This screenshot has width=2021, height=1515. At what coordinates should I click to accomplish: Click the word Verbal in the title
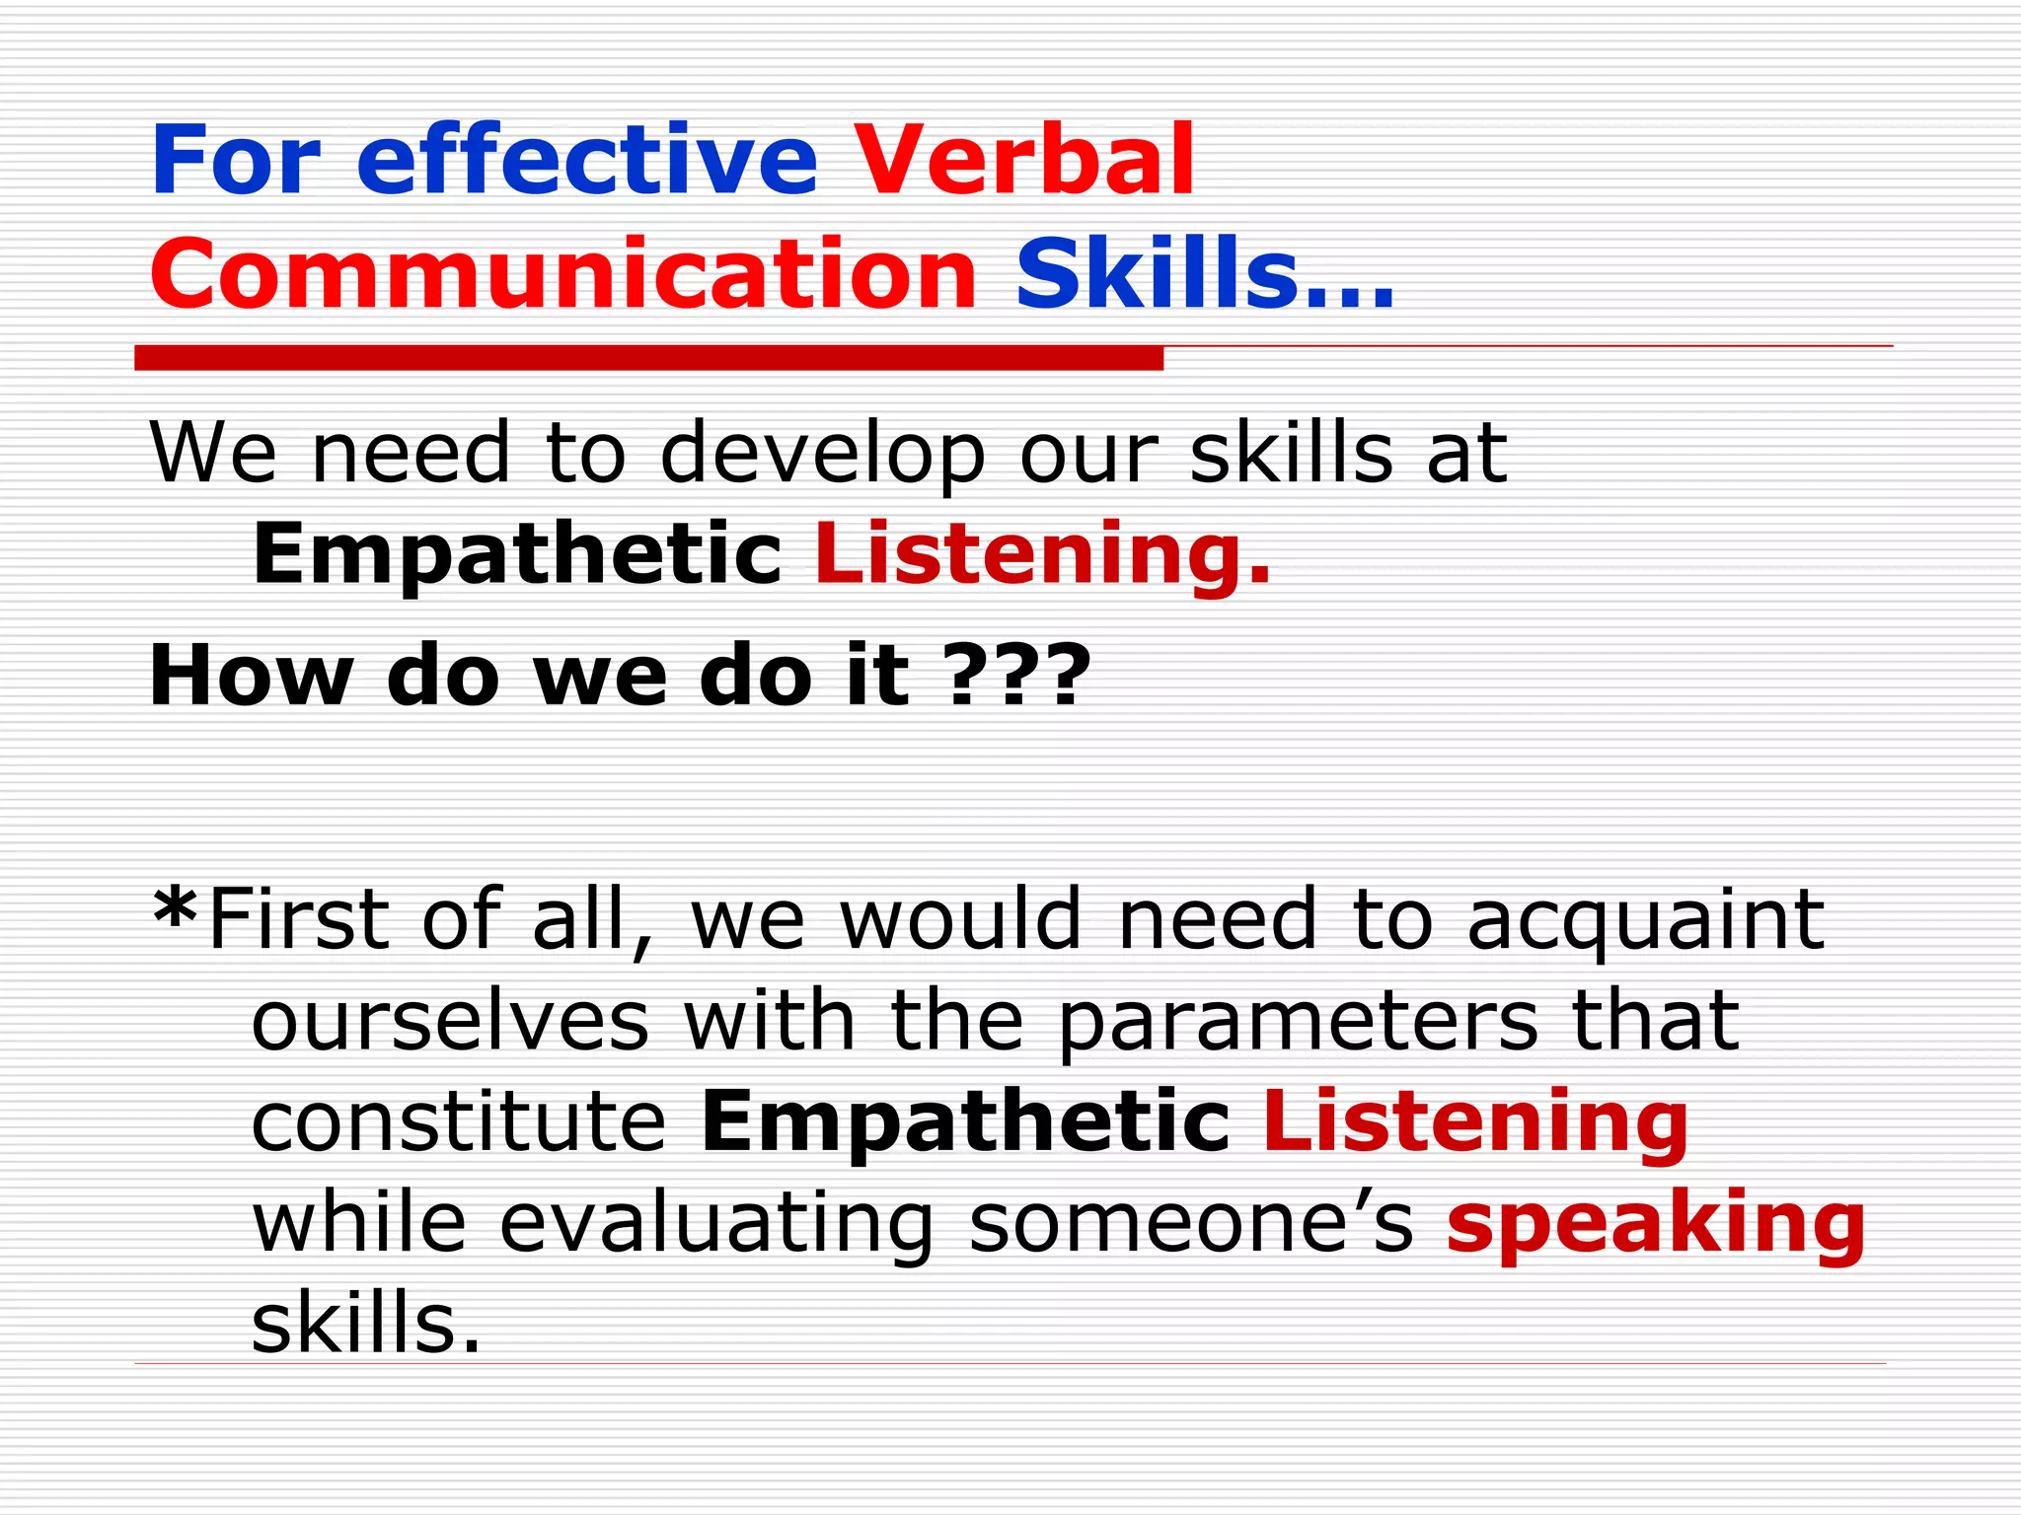[1023, 160]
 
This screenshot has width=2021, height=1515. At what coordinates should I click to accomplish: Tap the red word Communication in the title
[563, 273]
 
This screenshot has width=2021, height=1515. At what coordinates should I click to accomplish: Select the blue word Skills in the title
[1156, 273]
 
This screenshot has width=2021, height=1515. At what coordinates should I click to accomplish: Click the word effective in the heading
[587, 160]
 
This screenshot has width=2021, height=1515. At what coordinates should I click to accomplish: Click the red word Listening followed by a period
[1042, 554]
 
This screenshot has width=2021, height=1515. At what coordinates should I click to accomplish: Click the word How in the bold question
[251, 677]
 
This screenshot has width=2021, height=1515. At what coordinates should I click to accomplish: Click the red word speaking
[1655, 1224]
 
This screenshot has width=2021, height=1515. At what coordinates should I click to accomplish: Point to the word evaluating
[716, 1224]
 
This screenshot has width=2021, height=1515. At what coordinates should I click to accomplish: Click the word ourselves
[450, 1022]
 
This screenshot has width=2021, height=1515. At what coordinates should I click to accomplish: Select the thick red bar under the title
[648, 358]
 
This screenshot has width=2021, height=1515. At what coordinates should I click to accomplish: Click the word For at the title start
[236, 160]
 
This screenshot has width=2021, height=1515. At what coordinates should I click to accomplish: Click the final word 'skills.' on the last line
[366, 1324]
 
